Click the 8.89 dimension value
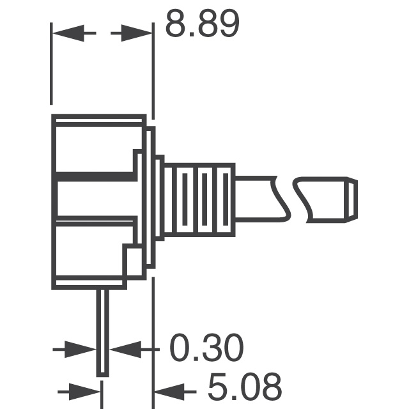[202, 26]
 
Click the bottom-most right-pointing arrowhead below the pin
[86, 389]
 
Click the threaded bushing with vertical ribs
[198, 199]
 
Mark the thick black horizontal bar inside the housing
[96, 176]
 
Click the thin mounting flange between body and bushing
[151, 198]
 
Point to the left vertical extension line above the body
[52, 64]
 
